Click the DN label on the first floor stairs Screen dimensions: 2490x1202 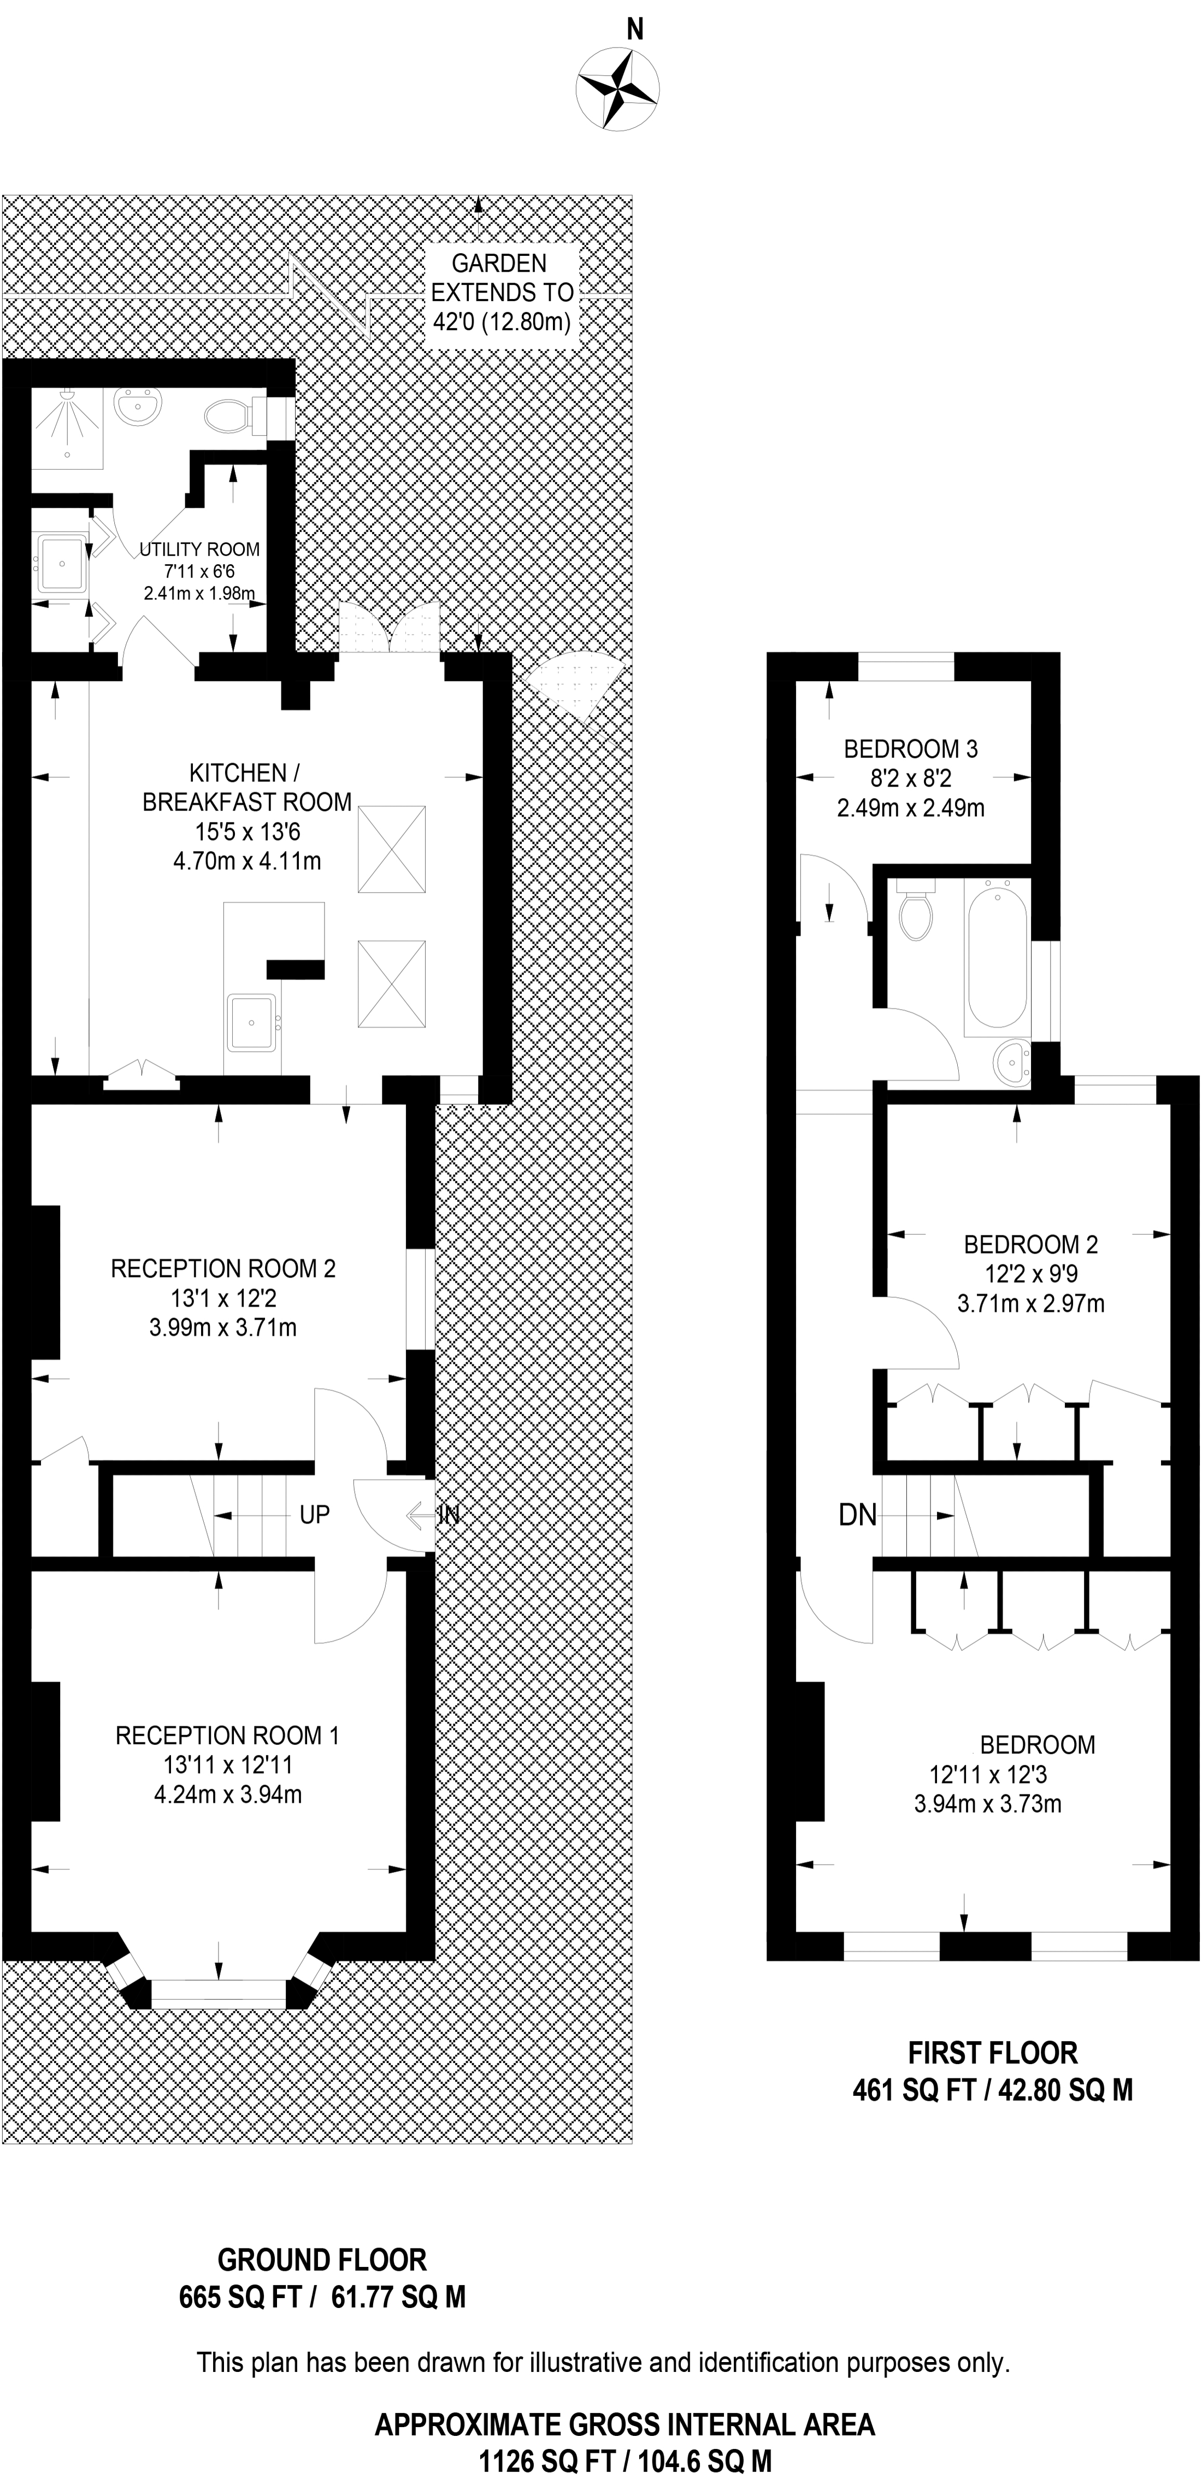click(857, 1515)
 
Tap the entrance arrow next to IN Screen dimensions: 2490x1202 click(421, 1515)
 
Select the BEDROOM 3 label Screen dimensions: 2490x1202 click(910, 748)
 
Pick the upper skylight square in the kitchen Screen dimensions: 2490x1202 click(391, 849)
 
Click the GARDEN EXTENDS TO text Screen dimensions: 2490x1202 click(502, 277)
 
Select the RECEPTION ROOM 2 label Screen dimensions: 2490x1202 click(223, 1268)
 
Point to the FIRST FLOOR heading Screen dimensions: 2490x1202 click(992, 2053)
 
